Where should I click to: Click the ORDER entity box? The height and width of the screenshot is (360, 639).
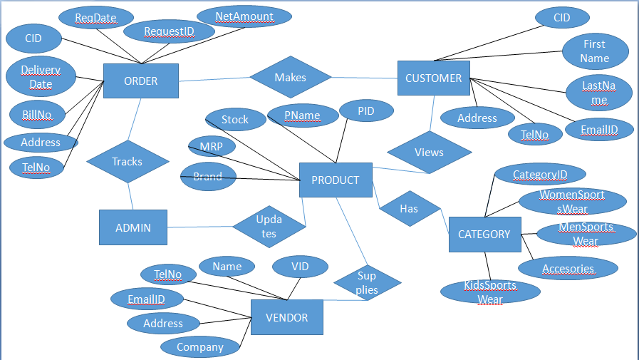140,81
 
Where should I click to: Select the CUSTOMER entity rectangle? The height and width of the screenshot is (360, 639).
433,78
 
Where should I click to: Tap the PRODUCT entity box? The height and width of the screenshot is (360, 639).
336,180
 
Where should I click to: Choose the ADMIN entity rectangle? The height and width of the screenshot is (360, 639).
133,227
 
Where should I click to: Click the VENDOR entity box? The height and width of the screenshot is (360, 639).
286,317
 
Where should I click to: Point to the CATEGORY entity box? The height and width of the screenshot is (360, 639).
484,234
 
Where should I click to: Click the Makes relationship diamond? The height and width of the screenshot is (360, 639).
290,77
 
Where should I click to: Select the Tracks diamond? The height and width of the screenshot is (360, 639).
128,162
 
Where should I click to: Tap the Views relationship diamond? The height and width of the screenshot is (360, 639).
429,152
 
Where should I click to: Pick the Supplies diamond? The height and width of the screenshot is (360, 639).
367,283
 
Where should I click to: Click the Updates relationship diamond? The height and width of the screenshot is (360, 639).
269,227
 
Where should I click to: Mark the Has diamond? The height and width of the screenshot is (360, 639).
409,208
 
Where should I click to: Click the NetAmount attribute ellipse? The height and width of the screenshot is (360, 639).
244,16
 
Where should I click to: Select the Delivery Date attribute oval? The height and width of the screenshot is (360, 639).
41,77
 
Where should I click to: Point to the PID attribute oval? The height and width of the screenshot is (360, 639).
366,110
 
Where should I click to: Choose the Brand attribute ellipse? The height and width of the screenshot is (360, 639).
208,176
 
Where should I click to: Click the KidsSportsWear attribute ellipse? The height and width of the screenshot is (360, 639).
490,292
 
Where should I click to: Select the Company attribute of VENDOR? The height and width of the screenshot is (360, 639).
200,347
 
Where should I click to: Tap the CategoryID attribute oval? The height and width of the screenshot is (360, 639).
539,174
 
